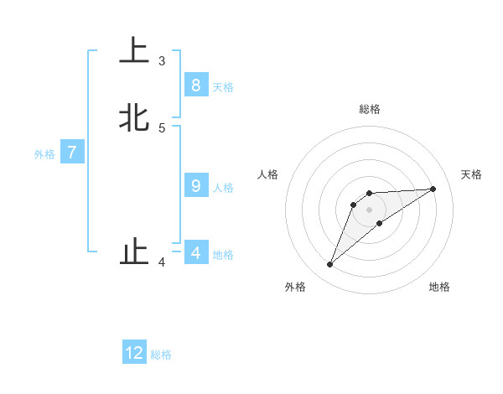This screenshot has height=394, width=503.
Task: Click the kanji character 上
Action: click(x=134, y=49)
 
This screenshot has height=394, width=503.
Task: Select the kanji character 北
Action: click(x=134, y=117)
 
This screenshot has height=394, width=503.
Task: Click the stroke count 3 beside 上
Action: click(x=162, y=61)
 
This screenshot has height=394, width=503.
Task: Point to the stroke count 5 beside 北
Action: click(x=162, y=128)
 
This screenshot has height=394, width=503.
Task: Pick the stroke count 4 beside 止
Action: click(x=162, y=262)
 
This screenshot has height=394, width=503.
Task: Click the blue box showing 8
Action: click(x=195, y=85)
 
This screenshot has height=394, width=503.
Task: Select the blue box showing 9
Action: click(x=195, y=185)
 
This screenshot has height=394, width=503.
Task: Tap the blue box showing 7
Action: click(x=72, y=153)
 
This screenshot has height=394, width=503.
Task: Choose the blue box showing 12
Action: click(x=134, y=353)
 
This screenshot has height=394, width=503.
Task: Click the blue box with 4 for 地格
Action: click(x=195, y=252)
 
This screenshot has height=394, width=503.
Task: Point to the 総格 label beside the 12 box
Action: click(x=161, y=355)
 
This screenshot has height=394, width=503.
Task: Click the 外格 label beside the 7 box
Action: click(x=44, y=154)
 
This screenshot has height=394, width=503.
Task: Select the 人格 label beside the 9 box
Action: click(x=223, y=188)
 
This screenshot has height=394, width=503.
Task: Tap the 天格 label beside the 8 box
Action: click(x=223, y=87)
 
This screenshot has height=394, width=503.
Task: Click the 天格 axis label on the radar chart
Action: click(x=471, y=174)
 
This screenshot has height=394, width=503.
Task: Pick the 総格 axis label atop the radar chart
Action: click(x=369, y=109)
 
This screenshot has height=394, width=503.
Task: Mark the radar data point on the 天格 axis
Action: click(x=433, y=189)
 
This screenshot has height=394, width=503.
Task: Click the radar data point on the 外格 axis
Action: click(x=329, y=265)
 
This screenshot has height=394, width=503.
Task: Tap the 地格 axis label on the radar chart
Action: click(x=439, y=287)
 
